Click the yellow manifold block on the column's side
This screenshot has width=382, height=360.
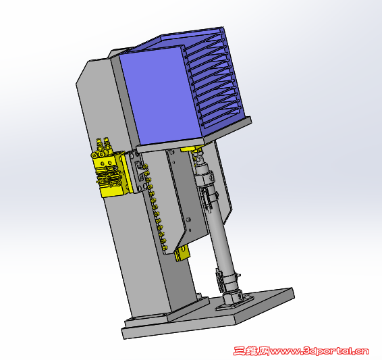point(111,175)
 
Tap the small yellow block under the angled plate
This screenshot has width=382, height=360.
point(182,254)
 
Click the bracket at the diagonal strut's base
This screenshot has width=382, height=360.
point(234,299)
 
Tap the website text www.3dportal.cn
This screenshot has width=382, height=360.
point(319,351)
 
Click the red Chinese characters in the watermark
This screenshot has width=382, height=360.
point(252,351)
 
